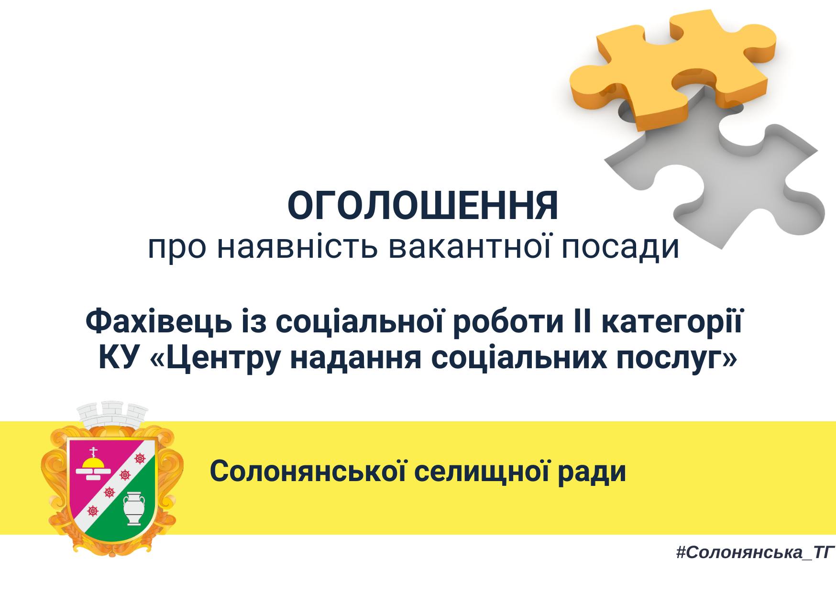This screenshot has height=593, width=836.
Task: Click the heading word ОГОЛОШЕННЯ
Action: [x=423, y=206]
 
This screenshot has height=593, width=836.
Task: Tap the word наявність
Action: [x=297, y=247]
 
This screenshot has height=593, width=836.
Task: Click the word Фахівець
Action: [x=158, y=321]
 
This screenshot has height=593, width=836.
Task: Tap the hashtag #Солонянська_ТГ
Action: [x=755, y=553]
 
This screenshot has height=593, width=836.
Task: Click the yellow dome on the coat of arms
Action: [x=93, y=461]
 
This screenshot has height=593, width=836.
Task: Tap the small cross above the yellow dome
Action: [x=93, y=451]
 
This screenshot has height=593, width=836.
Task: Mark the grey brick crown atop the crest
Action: [x=112, y=415]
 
